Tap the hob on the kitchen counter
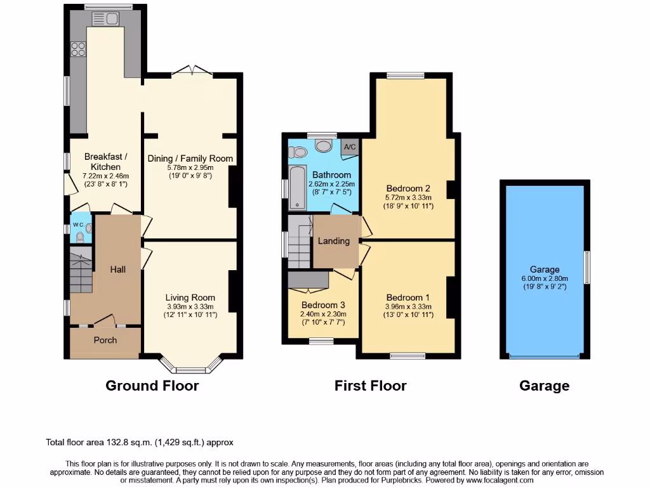pos(79,49)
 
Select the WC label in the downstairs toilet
pos(78,224)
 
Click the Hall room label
pos(117,269)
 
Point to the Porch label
pos(105,340)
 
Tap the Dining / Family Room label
pos(190,158)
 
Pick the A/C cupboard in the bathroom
pos(349,146)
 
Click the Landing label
pos(334,241)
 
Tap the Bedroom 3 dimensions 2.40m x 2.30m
pos(322,314)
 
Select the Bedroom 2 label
pos(409,188)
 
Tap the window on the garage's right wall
pos(587,267)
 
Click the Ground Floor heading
pos(152,386)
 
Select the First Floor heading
pos(371,386)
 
